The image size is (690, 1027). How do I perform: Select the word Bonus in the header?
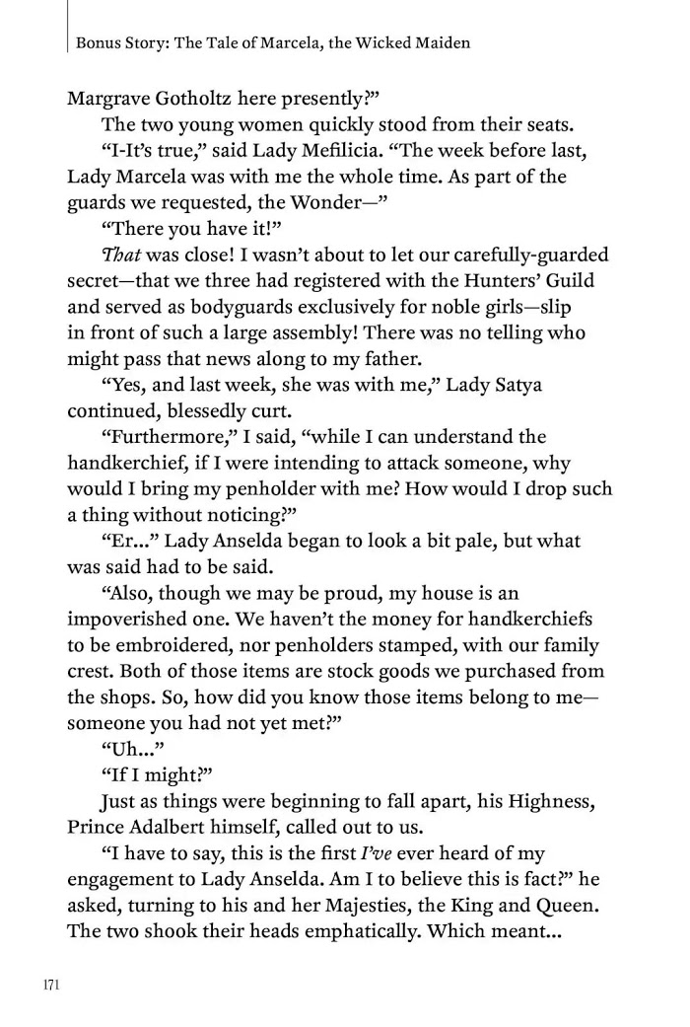coord(97,43)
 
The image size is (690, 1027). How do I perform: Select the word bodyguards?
coord(228,306)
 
